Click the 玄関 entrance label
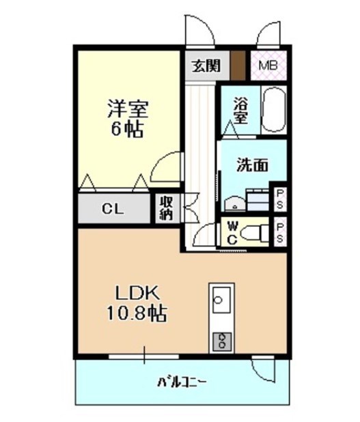pyautogui.click(x=205, y=66)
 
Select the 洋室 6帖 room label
pyautogui.click(x=127, y=119)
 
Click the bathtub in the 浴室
pyautogui.click(x=275, y=110)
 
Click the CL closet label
pyautogui.click(x=113, y=209)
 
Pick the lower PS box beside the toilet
pyautogui.click(x=280, y=231)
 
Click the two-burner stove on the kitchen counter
pyautogui.click(x=221, y=340)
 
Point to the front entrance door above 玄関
pyautogui.click(x=199, y=31)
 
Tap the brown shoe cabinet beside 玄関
pyautogui.click(x=237, y=66)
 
